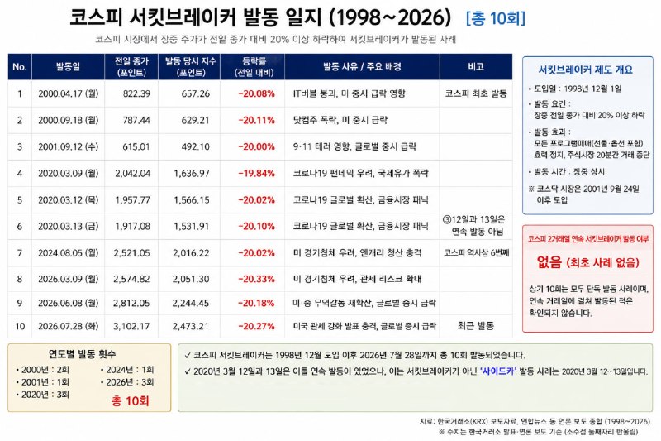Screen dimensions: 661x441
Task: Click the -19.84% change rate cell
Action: click(x=256, y=174)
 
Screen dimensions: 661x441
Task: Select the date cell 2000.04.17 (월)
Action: click(x=69, y=93)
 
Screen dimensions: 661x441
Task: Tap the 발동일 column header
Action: click(x=68, y=67)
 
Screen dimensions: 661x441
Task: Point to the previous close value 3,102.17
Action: click(x=131, y=326)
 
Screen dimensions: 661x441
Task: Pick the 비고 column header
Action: click(x=476, y=67)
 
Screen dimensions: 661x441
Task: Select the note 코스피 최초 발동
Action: click(x=476, y=93)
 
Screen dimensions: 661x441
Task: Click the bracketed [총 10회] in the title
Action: click(x=496, y=18)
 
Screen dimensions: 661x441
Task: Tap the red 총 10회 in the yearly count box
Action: click(x=131, y=400)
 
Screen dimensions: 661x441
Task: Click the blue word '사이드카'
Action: click(x=498, y=371)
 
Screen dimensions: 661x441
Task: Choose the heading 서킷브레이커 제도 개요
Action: click(x=586, y=70)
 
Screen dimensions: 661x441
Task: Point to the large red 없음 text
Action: click(x=549, y=262)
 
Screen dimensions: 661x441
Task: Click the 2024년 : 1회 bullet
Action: click(x=127, y=370)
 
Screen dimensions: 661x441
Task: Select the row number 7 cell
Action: click(x=20, y=253)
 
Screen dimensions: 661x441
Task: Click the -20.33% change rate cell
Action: click(x=256, y=279)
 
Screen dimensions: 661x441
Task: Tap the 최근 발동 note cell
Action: click(x=476, y=326)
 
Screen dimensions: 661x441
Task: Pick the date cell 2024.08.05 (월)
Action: click(x=69, y=253)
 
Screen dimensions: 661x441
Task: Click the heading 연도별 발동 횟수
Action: click(x=82, y=353)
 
